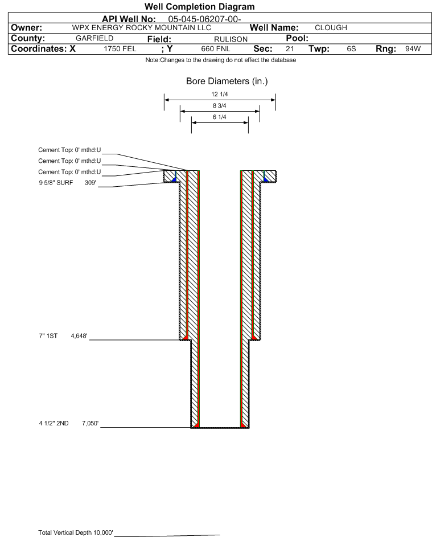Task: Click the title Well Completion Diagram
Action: point(200,6)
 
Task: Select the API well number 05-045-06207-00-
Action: point(204,19)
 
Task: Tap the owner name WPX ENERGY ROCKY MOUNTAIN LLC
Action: point(141,28)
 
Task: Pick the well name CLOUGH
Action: point(331,28)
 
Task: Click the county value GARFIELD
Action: point(94,38)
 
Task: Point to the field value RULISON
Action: point(231,39)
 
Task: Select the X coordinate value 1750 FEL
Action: point(120,48)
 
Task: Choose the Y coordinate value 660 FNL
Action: point(216,48)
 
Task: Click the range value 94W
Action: point(413,48)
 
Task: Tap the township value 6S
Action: point(351,48)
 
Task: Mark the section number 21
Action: point(290,48)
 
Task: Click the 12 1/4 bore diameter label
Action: point(220,94)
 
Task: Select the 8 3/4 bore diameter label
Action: point(220,105)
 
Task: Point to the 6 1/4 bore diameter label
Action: point(220,117)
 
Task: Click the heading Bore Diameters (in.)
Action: point(227,81)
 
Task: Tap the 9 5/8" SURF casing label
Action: point(56,183)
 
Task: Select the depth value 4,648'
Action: point(79,335)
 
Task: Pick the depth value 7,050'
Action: point(90,423)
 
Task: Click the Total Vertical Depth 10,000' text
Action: point(76,532)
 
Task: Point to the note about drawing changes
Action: point(221,60)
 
